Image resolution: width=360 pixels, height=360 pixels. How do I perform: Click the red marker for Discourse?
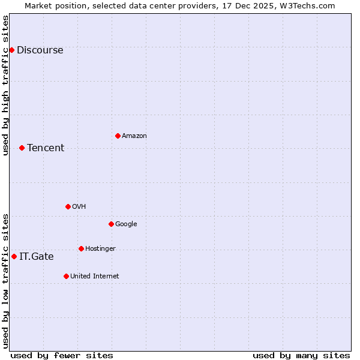click(11, 50)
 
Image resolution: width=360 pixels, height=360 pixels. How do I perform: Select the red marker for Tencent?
click(22, 148)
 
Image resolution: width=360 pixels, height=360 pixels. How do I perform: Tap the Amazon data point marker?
click(118, 136)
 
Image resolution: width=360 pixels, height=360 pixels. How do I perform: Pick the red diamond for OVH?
click(68, 206)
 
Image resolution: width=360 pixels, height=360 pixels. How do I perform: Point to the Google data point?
click(111, 224)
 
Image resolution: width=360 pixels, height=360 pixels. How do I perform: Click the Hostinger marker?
click(81, 248)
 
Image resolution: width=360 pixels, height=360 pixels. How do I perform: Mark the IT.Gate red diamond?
click(14, 256)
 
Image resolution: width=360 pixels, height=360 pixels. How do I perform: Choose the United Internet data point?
click(66, 276)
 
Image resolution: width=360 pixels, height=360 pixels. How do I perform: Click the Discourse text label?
click(40, 50)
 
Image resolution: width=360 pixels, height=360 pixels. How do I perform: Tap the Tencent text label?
click(46, 148)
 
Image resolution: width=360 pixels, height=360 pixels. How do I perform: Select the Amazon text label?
click(134, 136)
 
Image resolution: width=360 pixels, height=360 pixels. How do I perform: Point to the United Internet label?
click(95, 276)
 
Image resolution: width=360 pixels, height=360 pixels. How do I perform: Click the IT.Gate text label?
click(36, 256)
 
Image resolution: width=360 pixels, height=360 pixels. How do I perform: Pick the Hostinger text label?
click(100, 248)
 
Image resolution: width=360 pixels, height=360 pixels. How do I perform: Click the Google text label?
click(126, 224)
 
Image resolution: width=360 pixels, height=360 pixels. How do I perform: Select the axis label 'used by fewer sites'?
click(62, 355)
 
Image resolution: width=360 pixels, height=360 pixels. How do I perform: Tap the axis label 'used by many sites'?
click(301, 355)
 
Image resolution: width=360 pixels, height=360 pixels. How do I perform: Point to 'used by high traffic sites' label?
click(5, 85)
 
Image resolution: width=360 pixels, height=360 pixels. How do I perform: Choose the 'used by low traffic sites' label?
click(5, 281)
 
